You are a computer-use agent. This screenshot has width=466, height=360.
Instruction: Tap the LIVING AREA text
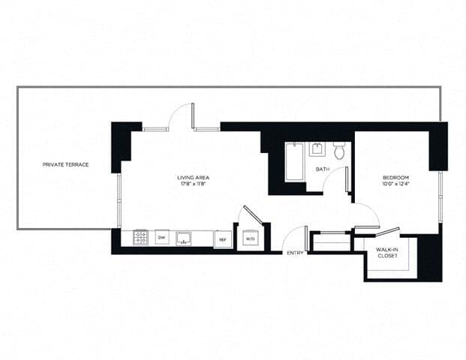pyautogui.click(x=191, y=177)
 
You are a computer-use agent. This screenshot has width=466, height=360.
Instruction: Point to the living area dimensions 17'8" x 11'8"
pyautogui.click(x=191, y=184)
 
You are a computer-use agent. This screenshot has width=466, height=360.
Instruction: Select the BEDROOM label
pyautogui.click(x=396, y=177)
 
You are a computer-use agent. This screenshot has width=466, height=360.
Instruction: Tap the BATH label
pyautogui.click(x=322, y=170)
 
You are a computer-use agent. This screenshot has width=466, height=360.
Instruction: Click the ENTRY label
pyautogui.click(x=295, y=253)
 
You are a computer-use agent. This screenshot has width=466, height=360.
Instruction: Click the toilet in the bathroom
pyautogui.click(x=339, y=151)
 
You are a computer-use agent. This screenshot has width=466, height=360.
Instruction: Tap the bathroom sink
pyautogui.click(x=317, y=148)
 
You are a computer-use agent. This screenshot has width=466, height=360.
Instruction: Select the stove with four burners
pyautogui.click(x=140, y=238)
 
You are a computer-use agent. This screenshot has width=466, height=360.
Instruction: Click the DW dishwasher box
pyautogui.click(x=161, y=238)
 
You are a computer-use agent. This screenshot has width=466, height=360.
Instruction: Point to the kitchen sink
pyautogui.click(x=183, y=238)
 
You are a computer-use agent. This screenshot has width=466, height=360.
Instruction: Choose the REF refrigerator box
pyautogui.click(x=221, y=239)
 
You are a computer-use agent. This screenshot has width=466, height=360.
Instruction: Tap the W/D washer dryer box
pyautogui.click(x=250, y=239)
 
